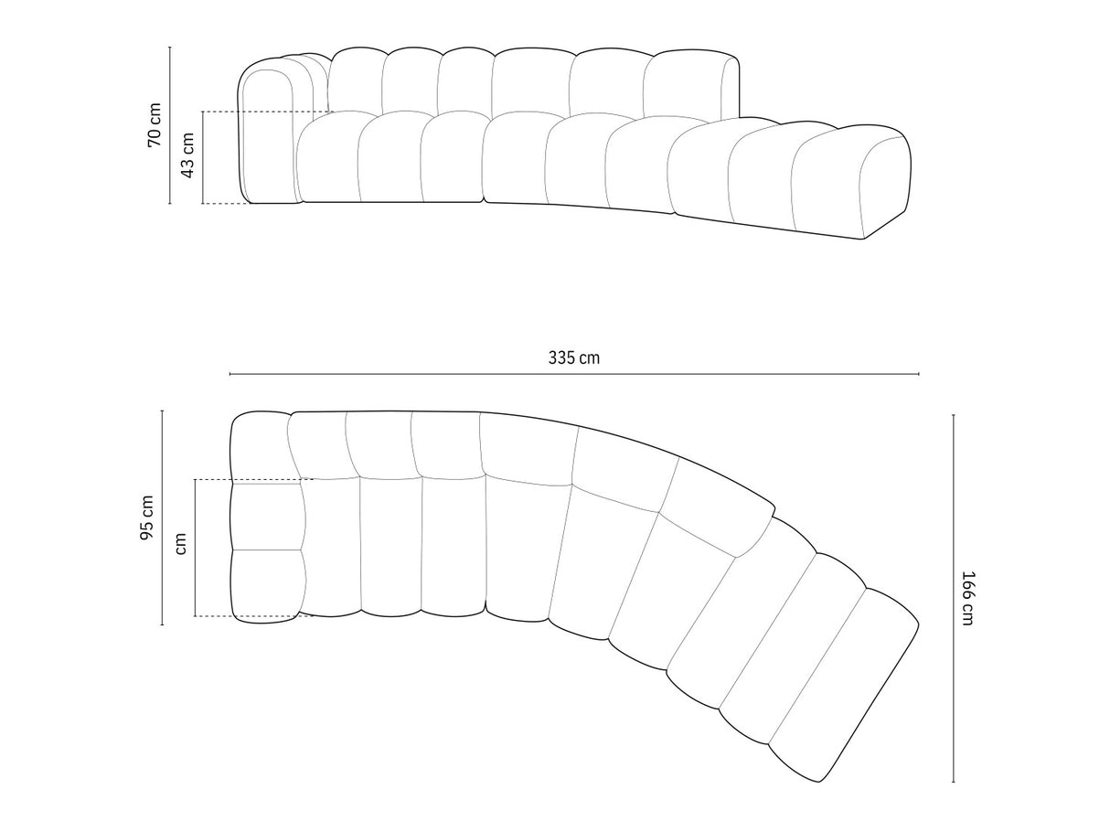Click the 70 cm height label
(155, 125)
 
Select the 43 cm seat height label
(187, 155)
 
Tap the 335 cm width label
(574, 357)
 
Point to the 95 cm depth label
(146, 517)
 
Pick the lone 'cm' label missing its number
(180, 544)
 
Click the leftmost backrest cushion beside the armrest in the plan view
(317, 444)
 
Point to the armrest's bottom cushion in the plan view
(265, 585)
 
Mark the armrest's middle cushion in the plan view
(266, 516)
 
